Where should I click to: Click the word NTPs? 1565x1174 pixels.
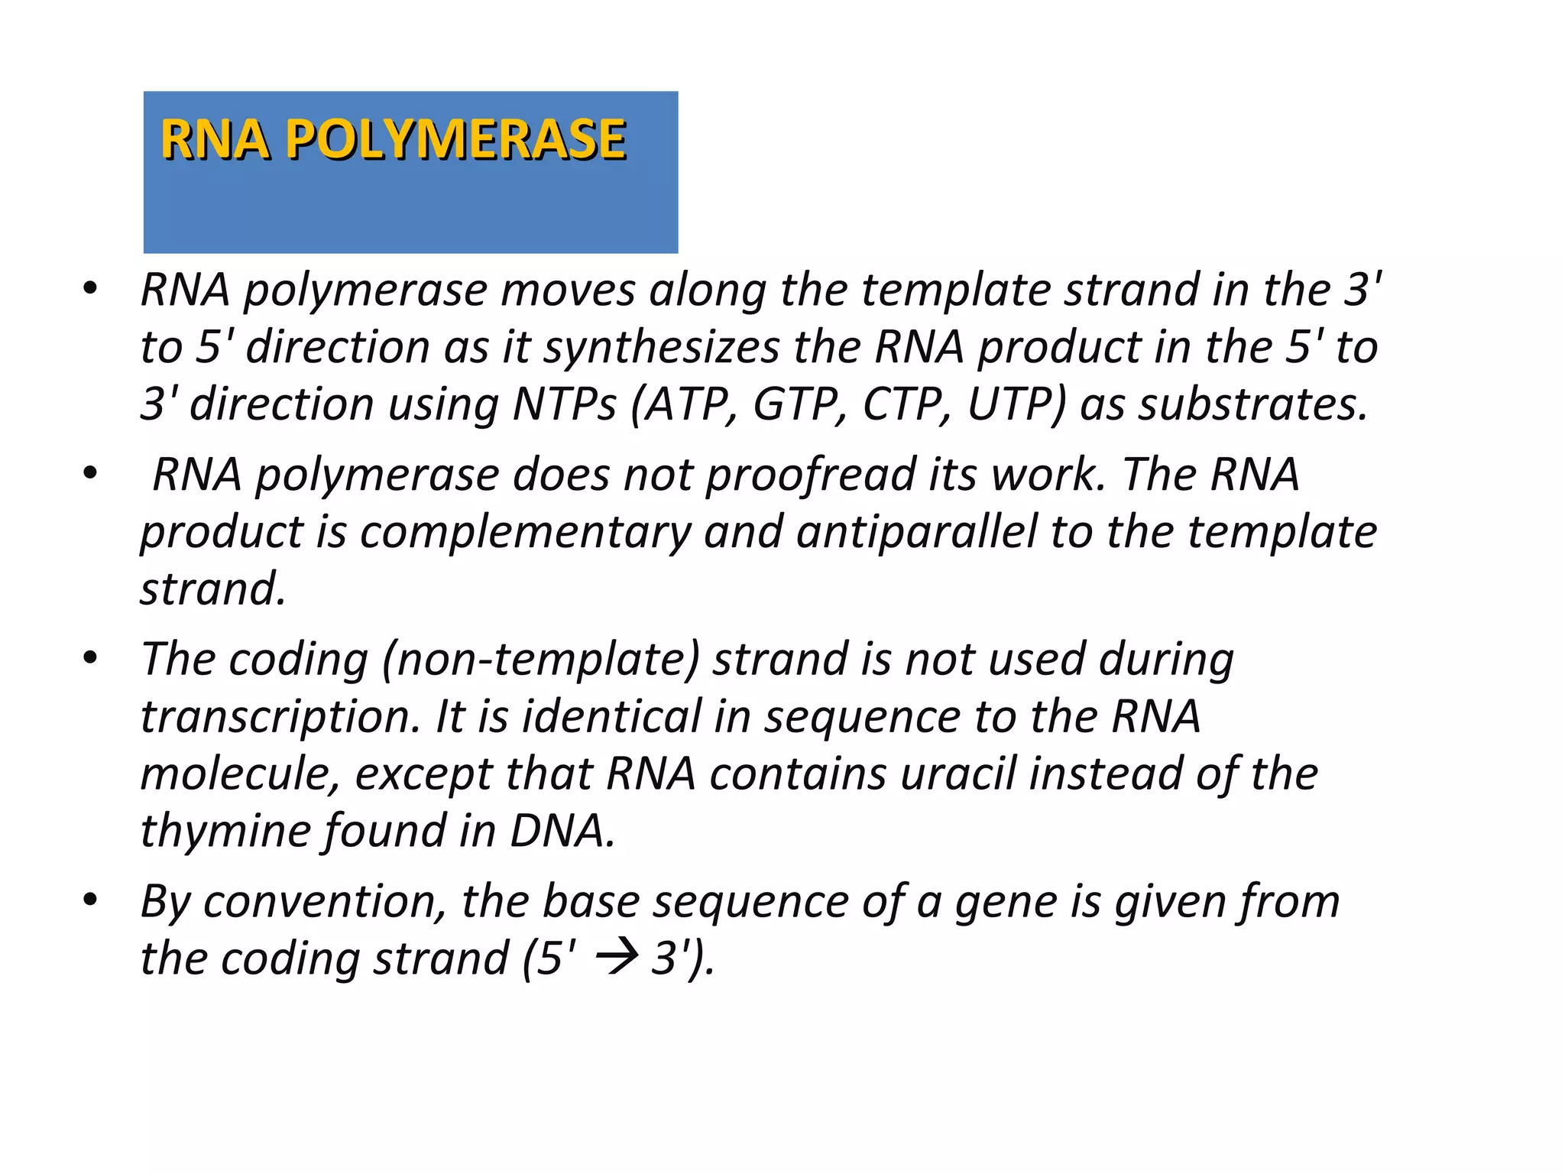pyautogui.click(x=564, y=404)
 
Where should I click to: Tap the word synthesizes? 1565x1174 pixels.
pyautogui.click(x=662, y=348)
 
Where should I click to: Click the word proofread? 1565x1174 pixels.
pyautogui.click(x=810, y=475)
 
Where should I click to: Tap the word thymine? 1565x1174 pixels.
pyautogui.click(x=225, y=832)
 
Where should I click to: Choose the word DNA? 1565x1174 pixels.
pyautogui.click(x=561, y=832)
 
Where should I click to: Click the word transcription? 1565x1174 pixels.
pyautogui.click(x=280, y=718)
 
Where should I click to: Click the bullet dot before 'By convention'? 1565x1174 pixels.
pyautogui.click(x=90, y=900)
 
